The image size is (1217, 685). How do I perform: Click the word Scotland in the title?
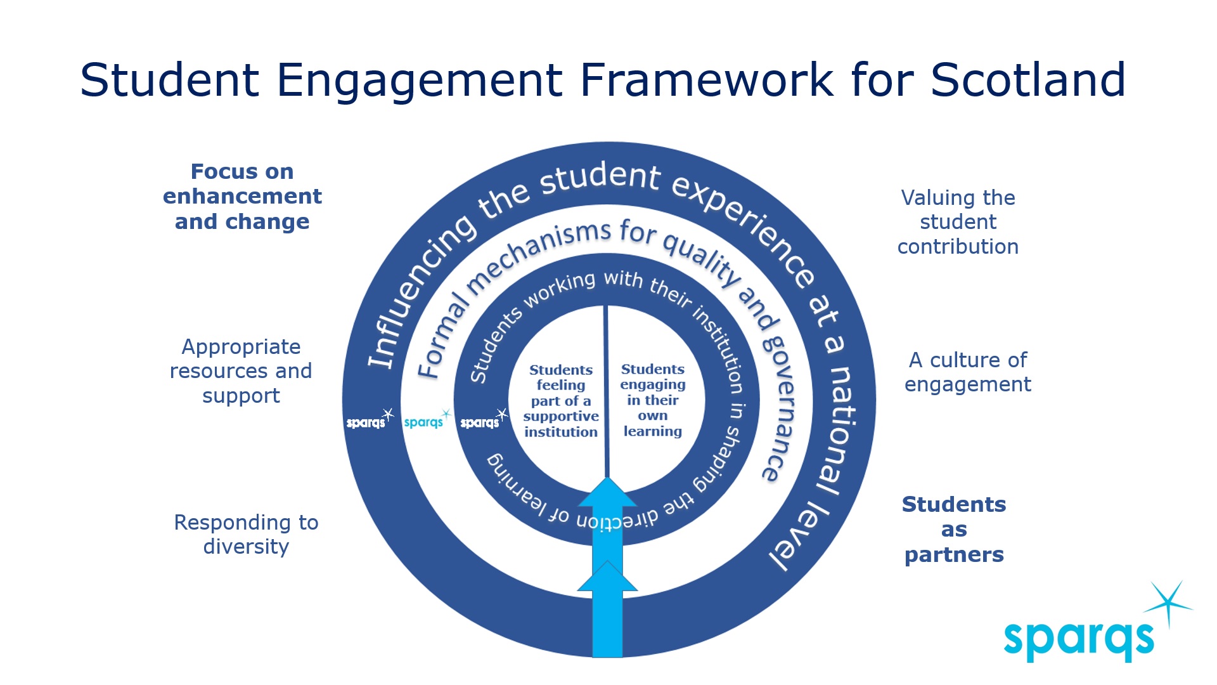click(1027, 80)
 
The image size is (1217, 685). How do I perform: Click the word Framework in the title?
click(705, 80)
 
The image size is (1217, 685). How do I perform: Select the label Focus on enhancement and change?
click(242, 197)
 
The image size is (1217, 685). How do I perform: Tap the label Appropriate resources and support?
click(241, 371)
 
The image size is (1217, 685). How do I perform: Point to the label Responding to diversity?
click(246, 534)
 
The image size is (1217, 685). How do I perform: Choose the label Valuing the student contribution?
click(958, 222)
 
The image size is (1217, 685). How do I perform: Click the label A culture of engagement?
click(968, 372)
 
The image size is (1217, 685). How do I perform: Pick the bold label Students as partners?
click(954, 530)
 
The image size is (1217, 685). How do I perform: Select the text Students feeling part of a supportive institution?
click(561, 401)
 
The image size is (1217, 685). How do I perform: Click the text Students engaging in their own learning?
click(653, 400)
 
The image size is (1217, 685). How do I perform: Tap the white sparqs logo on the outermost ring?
click(370, 420)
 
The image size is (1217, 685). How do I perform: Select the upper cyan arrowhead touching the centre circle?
click(607, 492)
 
